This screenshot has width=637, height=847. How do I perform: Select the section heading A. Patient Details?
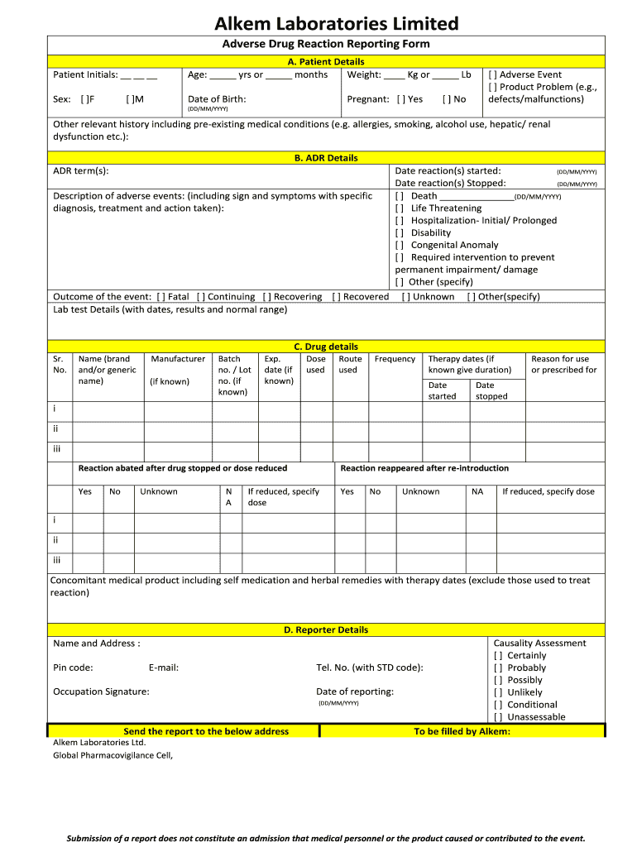point(325,62)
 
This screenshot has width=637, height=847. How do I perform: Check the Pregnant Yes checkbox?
point(401,99)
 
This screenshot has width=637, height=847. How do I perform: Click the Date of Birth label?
point(217,99)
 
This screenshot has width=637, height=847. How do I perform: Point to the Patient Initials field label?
point(85,75)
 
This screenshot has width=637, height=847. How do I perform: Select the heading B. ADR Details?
point(325,158)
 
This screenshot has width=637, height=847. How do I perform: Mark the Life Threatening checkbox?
point(400,208)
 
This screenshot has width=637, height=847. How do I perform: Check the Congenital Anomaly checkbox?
point(400,245)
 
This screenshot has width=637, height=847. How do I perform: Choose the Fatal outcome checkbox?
point(160,297)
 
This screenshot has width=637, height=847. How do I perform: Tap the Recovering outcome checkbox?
point(266,297)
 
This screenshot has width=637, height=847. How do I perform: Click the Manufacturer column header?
point(178,359)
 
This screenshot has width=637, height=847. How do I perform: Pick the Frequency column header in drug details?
point(395,359)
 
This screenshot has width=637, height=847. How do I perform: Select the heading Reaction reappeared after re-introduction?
point(424,468)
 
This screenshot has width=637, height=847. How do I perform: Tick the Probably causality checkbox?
point(498,668)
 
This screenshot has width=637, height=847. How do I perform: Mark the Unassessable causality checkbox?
point(498,717)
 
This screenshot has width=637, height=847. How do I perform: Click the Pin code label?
point(73,668)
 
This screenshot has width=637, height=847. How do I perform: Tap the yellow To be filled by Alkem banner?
point(462,731)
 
